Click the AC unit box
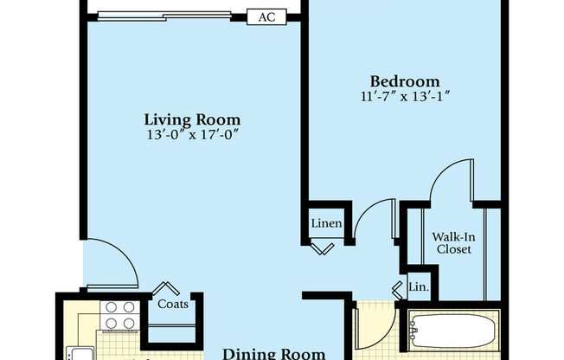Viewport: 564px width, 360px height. (x=266, y=16)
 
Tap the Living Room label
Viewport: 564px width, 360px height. (x=192, y=119)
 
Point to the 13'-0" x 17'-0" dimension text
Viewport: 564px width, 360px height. (x=192, y=135)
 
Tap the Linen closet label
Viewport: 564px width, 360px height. (x=327, y=224)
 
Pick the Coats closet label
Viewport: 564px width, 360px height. (x=173, y=304)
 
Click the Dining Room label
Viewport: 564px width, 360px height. (x=274, y=353)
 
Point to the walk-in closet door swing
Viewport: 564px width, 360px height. (x=449, y=182)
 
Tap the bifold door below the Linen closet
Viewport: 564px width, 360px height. (x=324, y=248)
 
